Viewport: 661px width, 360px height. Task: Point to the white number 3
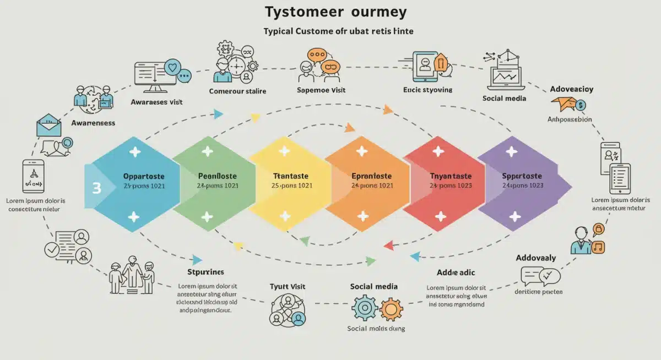point(96,188)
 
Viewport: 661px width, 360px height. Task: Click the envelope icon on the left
point(50,126)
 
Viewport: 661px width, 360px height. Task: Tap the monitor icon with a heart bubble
point(157,76)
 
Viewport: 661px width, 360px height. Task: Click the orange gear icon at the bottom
point(391,309)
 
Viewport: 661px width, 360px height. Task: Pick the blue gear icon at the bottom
point(365,308)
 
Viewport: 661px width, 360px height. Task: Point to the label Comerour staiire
point(237,91)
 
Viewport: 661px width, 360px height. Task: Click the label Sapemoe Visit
point(321,90)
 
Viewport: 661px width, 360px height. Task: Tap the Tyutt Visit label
point(287,287)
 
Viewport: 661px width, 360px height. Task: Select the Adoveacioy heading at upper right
point(571,89)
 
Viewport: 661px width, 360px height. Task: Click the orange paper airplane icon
point(565,103)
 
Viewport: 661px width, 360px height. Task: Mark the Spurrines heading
point(205,272)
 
